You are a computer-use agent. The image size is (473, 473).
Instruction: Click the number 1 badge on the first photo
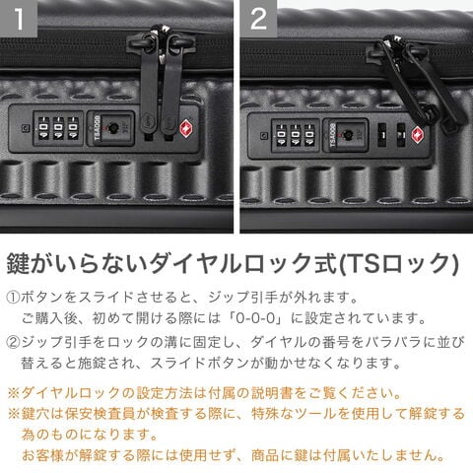19,18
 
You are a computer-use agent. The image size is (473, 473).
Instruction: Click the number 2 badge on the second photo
258,18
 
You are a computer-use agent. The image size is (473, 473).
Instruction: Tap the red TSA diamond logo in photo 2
418,135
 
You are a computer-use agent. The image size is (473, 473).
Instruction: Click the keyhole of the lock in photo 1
113,127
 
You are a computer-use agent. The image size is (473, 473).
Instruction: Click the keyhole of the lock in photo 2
346,134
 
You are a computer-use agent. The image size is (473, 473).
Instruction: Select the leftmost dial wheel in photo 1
43,127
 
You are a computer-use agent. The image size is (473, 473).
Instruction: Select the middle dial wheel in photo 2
296,135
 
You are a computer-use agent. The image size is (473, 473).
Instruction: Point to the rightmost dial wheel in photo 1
73,127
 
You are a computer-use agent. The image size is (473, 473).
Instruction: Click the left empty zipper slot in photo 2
382,135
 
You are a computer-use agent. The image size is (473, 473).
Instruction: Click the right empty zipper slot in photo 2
401,135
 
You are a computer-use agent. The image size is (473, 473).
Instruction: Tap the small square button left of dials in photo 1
25,128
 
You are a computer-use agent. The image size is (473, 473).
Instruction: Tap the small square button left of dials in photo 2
263,135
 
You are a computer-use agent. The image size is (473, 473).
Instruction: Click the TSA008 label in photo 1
97,128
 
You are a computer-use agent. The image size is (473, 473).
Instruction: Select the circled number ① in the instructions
13,298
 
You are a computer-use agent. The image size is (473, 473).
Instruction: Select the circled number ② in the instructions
13,342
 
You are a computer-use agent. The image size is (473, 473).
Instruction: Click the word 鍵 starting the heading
18,264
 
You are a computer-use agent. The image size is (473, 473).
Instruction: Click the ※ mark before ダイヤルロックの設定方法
14,393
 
